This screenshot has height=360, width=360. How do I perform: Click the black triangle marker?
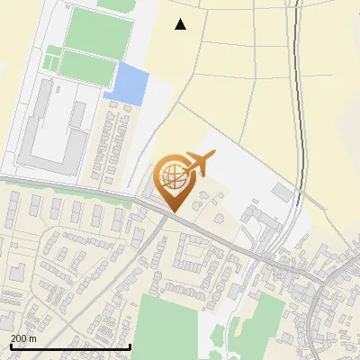click(x=181, y=24)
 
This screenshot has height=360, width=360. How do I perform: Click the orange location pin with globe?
click(x=173, y=181)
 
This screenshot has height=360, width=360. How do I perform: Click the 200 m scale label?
click(x=23, y=337)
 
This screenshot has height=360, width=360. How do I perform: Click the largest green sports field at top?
click(x=99, y=33)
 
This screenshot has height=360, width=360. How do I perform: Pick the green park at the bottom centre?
click(x=166, y=324)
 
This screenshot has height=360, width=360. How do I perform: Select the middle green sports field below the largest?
click(x=88, y=67)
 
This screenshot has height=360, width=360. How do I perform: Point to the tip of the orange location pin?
click(x=173, y=211)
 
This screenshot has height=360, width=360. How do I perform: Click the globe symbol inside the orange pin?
click(x=171, y=175)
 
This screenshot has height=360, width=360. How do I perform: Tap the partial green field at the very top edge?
click(x=114, y=4)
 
